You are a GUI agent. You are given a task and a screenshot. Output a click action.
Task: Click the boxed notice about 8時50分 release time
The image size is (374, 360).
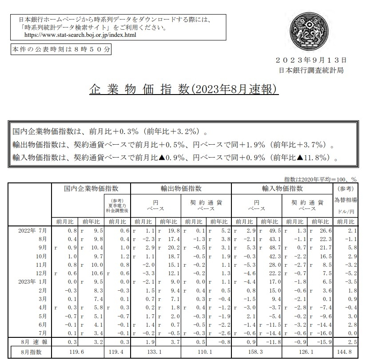point(60,49)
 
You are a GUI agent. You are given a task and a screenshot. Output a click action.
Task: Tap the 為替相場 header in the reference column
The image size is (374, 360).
point(345,200)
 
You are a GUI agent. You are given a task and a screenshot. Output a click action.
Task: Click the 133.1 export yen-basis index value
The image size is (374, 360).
point(150,352)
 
